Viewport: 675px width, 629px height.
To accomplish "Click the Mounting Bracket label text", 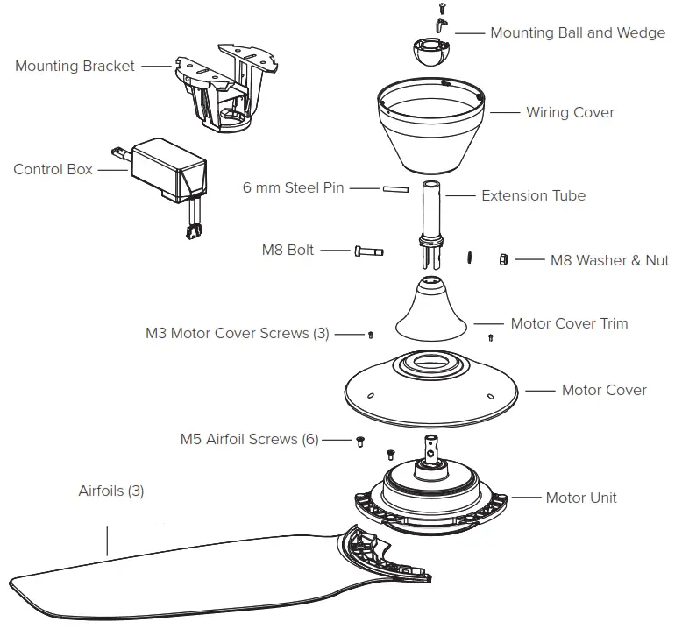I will pyautogui.click(x=75, y=66).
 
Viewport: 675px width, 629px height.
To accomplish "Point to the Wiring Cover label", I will pyautogui.click(x=570, y=112).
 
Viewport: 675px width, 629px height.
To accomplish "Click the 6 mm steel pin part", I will pyautogui.click(x=393, y=188).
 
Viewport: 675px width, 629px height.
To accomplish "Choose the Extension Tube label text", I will pyautogui.click(x=533, y=195).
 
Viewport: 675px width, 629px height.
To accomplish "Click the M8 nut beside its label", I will pyautogui.click(x=503, y=259).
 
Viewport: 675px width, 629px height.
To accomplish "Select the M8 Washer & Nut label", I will pyautogui.click(x=609, y=260).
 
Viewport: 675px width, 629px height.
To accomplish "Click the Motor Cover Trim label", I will pyautogui.click(x=569, y=323).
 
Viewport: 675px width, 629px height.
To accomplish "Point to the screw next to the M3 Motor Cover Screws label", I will pyautogui.click(x=372, y=335).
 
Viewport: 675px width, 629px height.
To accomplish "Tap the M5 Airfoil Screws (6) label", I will pyautogui.click(x=249, y=439).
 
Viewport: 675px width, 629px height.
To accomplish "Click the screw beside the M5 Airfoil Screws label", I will pyautogui.click(x=359, y=442).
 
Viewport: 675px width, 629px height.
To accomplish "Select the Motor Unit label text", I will pyautogui.click(x=580, y=498).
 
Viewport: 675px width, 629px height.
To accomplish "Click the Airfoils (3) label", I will pyautogui.click(x=111, y=491).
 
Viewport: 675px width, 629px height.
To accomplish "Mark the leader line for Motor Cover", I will pyautogui.click(x=539, y=390).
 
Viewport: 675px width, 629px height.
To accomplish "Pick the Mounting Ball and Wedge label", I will pyautogui.click(x=577, y=33).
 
